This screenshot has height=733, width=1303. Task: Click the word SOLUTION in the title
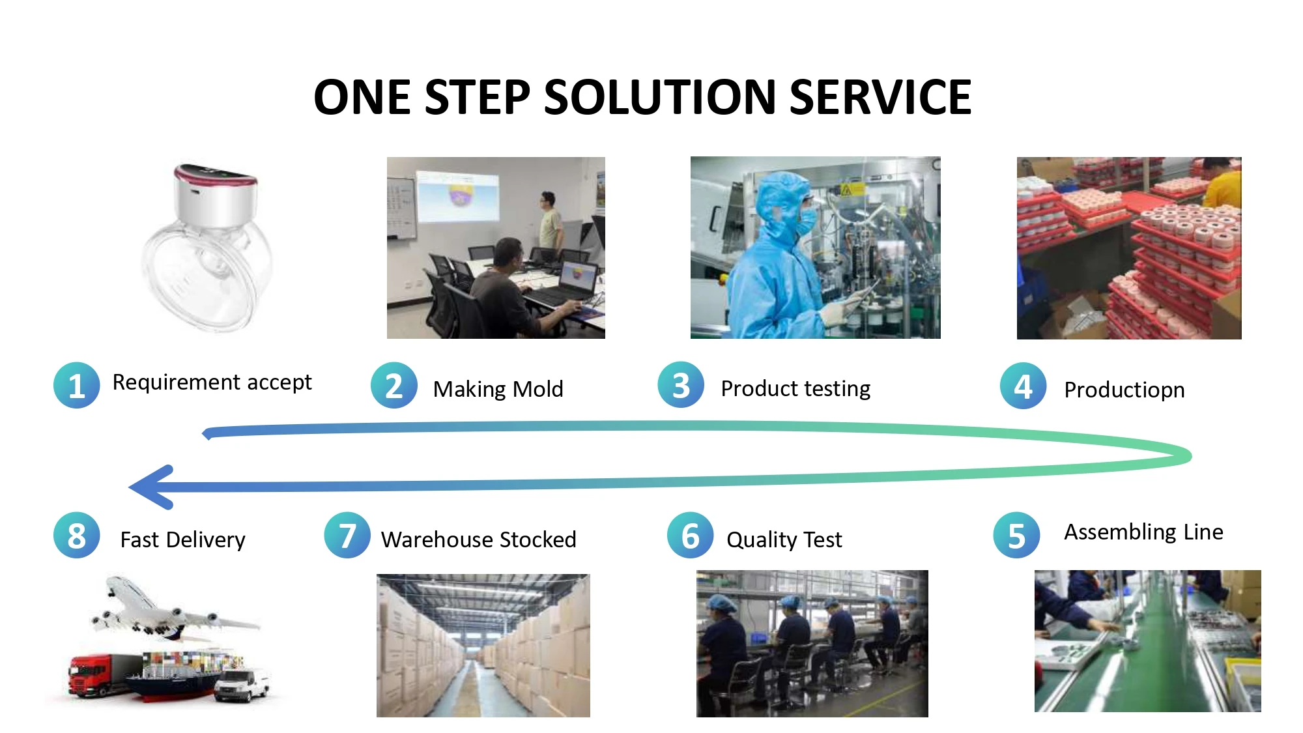pyautogui.click(x=659, y=98)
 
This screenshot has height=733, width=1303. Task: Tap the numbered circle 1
pyautogui.click(x=76, y=385)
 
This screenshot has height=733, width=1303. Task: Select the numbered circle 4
pyautogui.click(x=1023, y=386)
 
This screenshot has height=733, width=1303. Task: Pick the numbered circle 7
pyautogui.click(x=347, y=536)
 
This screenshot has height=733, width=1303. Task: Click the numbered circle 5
pyautogui.click(x=1016, y=536)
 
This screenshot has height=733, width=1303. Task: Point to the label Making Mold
pyautogui.click(x=498, y=389)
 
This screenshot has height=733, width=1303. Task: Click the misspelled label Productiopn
pyautogui.click(x=1124, y=390)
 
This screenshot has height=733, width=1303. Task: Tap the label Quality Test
pyautogui.click(x=784, y=539)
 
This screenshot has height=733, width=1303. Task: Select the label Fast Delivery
pyautogui.click(x=182, y=539)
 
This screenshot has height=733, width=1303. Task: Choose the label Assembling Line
pyautogui.click(x=1143, y=532)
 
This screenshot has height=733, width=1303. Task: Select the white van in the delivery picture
pyautogui.click(x=241, y=684)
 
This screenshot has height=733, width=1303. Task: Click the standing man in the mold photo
pyautogui.click(x=551, y=222)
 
